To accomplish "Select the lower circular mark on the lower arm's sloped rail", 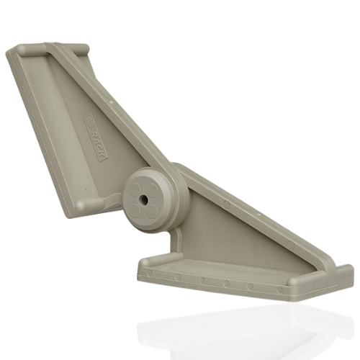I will click(288, 246).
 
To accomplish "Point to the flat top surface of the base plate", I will click(238, 270).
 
